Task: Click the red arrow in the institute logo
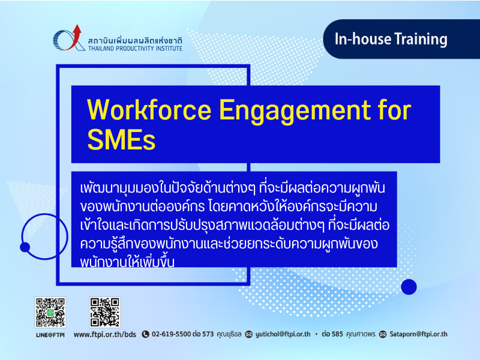pyautogui.click(x=74, y=37)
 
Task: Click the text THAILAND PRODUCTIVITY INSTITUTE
pyautogui.click(x=135, y=49)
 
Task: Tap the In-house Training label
pyautogui.click(x=391, y=39)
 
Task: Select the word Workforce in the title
pyautogui.click(x=149, y=110)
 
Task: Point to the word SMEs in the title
pyautogui.click(x=121, y=139)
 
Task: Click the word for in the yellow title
pyautogui.click(x=395, y=109)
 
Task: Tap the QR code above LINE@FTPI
pyautogui.click(x=50, y=312)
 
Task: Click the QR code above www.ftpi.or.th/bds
pyautogui.click(x=104, y=312)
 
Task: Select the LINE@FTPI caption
pyautogui.click(x=50, y=335)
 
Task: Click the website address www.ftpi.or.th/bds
pyautogui.click(x=104, y=334)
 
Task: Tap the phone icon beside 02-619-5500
pyautogui.click(x=145, y=334)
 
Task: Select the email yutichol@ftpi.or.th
pyautogui.click(x=283, y=334)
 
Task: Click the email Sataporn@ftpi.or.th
pyautogui.click(x=418, y=334)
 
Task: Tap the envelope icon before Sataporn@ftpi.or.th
pyautogui.click(x=383, y=334)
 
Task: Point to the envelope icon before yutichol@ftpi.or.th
pyautogui.click(x=249, y=334)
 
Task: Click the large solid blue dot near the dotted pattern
pyautogui.click(x=409, y=287)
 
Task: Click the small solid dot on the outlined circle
pyautogui.click(x=25, y=247)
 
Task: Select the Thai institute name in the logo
pyautogui.click(x=135, y=40)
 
